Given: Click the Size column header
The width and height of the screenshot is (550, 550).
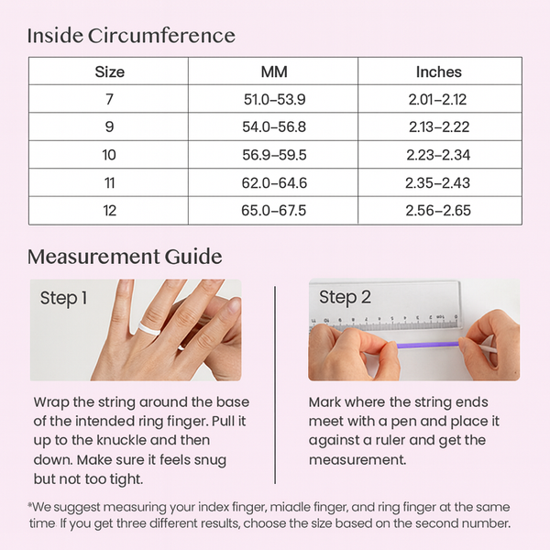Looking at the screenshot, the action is pyautogui.click(x=109, y=71).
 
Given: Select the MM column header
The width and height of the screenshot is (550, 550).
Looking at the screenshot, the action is pyautogui.click(x=274, y=71).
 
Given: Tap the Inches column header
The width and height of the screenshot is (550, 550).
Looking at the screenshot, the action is pyautogui.click(x=439, y=71).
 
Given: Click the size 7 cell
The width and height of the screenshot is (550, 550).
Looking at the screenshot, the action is pyautogui.click(x=109, y=99).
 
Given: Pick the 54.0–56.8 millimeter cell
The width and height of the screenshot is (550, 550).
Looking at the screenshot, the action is pyautogui.click(x=274, y=126).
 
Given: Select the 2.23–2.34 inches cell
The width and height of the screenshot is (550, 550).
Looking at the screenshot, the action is pyautogui.click(x=438, y=155).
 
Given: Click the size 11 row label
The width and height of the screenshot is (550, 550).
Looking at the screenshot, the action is pyautogui.click(x=109, y=182).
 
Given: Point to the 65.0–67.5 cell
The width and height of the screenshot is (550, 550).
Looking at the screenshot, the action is pyautogui.click(x=273, y=211).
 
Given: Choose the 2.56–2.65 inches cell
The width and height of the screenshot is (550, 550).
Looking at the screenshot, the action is pyautogui.click(x=438, y=211).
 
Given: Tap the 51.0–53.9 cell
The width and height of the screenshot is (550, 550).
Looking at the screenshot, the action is pyautogui.click(x=275, y=99).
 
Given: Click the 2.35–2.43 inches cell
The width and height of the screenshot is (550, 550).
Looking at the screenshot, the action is pyautogui.click(x=438, y=182).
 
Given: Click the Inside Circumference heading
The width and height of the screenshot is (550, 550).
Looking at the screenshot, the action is pyautogui.click(x=131, y=36).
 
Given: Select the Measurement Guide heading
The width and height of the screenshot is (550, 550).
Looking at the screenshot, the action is pyautogui.click(x=125, y=257).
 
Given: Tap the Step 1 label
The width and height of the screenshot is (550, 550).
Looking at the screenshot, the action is pyautogui.click(x=63, y=299).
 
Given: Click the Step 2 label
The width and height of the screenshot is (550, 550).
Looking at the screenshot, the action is pyautogui.click(x=345, y=297).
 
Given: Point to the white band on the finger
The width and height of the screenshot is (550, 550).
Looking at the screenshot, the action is pyautogui.click(x=149, y=328).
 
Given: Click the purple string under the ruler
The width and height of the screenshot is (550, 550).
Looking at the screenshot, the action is pyautogui.click(x=427, y=345).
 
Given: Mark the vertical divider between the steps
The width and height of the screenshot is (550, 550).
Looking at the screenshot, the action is pyautogui.click(x=275, y=385).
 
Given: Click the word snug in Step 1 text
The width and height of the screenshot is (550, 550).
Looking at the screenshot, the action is pyautogui.click(x=210, y=460).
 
